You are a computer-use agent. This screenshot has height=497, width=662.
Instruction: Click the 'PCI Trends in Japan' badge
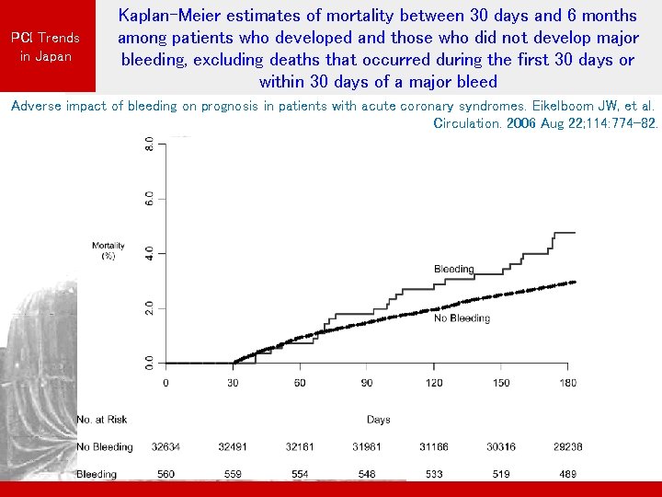point(45,47)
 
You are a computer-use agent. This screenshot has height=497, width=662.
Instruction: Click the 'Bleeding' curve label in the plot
point(454,270)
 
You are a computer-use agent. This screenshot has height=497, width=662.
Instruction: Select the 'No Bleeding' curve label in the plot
point(462,318)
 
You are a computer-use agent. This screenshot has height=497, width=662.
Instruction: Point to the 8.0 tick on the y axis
point(150,145)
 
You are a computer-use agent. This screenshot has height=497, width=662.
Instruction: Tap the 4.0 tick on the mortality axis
point(150,252)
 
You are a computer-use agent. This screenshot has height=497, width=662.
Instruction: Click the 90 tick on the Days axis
point(367,383)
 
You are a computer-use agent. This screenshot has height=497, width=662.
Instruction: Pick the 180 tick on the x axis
point(567,383)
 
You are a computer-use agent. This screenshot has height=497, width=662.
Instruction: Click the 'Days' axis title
point(378,420)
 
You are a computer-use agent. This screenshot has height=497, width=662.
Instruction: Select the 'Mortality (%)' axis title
point(108,250)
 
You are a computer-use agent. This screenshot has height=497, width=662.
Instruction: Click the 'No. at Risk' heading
point(102,420)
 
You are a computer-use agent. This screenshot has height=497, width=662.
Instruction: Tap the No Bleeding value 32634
point(165,447)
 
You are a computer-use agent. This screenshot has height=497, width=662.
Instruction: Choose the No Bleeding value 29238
point(567,447)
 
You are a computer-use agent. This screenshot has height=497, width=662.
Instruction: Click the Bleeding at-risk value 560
point(165,475)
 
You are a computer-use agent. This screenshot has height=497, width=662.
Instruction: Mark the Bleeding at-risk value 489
point(567,475)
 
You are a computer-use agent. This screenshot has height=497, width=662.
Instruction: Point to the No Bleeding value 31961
point(367,447)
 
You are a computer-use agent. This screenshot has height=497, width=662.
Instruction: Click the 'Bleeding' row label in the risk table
point(97,475)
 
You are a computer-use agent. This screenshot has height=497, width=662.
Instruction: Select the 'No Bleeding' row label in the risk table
point(105,447)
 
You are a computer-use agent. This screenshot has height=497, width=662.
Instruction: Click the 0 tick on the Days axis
point(165,383)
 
